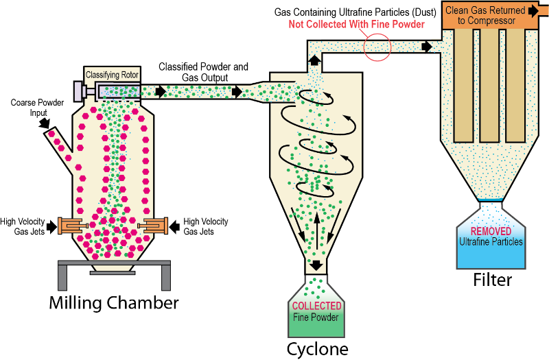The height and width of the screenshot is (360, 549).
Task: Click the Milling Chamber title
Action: pos(114,302)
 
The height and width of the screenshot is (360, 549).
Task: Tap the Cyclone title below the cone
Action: pos(318,349)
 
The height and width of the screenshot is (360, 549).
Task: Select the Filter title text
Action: pos(492,280)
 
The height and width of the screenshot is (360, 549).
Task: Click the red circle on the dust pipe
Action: pos(377,47)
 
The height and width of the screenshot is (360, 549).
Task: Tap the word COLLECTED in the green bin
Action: pos(317,306)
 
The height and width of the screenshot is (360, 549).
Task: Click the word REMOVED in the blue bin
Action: pos(491,231)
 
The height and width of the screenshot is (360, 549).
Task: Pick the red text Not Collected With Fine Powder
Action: pos(355,25)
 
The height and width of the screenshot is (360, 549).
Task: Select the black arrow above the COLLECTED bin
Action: pos(317,265)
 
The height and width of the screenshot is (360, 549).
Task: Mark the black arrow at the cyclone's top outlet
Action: pos(314,60)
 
